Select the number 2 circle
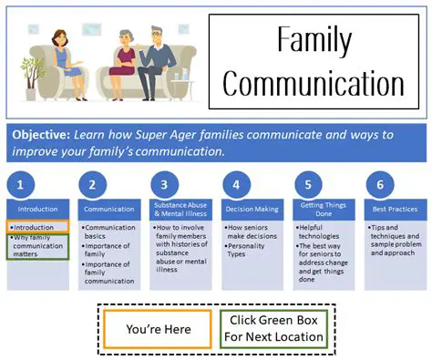[x=92, y=183]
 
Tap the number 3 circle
[x=164, y=183]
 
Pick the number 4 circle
[x=236, y=183]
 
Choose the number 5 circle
[x=308, y=183]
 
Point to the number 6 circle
[x=379, y=183]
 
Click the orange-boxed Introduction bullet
[x=38, y=227]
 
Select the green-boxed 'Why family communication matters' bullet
[x=38, y=246]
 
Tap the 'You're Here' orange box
[x=157, y=328]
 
